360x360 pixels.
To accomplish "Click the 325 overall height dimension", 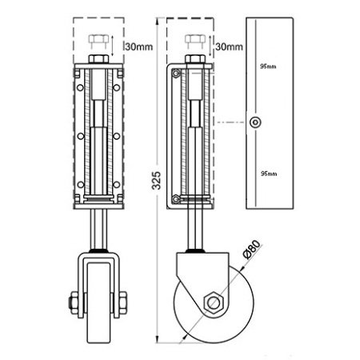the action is (156, 181).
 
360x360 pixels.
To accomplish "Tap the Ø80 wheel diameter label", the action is (251, 250).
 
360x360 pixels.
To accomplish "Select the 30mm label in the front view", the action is (139, 47).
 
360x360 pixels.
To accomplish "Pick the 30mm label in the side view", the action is (229, 47).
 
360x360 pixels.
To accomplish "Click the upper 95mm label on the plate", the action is (268, 66).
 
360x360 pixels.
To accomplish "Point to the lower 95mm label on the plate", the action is (269, 174).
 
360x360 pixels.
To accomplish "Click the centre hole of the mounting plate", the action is (255, 122).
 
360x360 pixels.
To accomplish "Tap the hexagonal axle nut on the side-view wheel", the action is (213, 302).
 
